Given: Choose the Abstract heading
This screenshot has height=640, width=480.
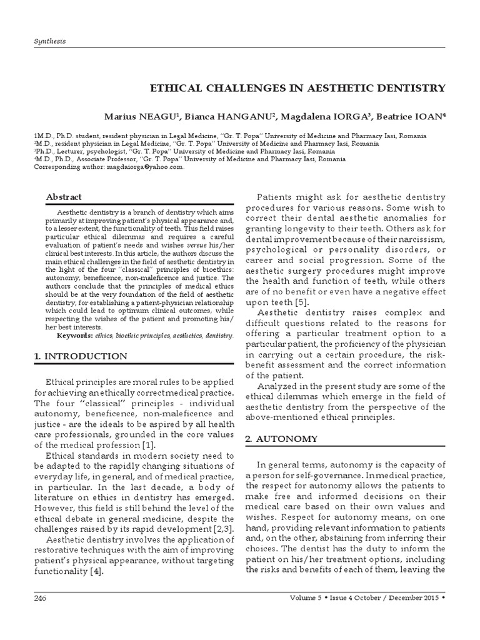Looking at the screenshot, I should (x=64, y=197).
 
